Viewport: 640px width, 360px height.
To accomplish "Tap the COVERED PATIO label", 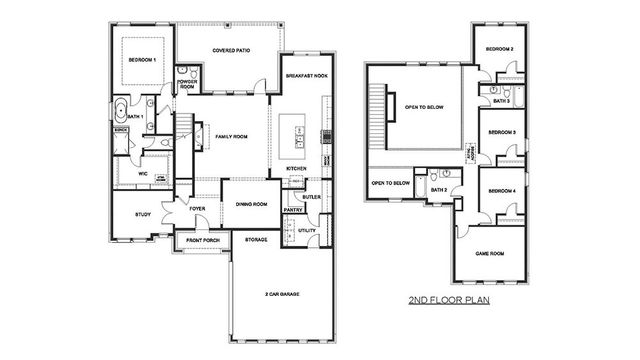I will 232,50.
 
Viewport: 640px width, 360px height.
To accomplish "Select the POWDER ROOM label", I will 187,85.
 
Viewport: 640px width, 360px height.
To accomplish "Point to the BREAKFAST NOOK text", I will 305,76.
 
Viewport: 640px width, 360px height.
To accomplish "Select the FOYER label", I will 198,209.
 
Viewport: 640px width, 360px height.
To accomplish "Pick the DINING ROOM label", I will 250,205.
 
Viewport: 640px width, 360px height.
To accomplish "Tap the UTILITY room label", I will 307,230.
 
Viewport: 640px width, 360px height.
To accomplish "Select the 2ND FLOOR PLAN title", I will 447,300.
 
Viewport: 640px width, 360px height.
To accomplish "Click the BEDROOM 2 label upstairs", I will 499,49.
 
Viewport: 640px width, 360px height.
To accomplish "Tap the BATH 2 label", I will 438,190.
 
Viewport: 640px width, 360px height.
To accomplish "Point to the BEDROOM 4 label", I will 501,191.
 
